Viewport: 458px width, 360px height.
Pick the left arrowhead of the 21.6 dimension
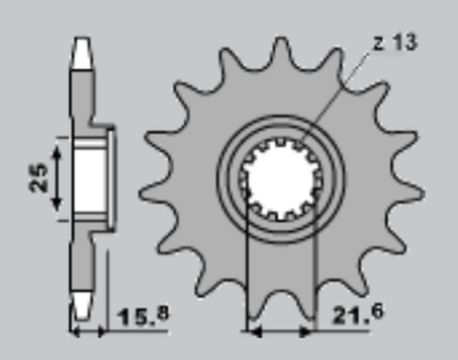tap(256, 333)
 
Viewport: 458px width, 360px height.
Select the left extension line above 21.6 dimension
tap(250, 265)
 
